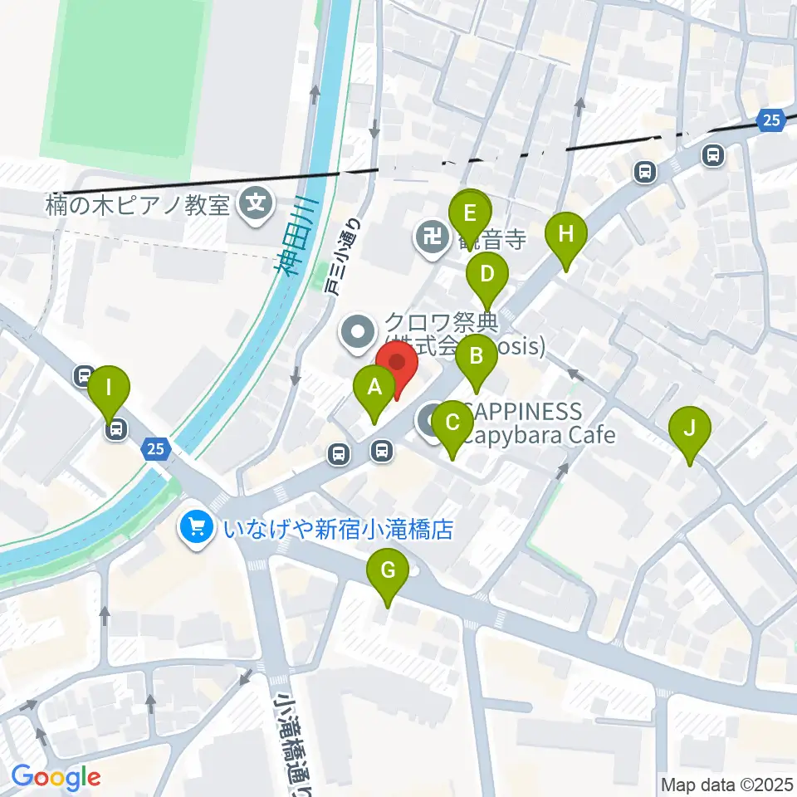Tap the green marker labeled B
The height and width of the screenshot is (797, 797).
(x=477, y=358)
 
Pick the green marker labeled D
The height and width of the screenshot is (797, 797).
(x=487, y=274)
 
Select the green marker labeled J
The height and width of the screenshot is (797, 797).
(x=689, y=430)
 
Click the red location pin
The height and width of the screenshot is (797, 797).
(x=397, y=364)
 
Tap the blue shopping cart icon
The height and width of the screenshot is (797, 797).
(x=197, y=527)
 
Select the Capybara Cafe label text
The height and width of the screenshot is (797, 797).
(x=539, y=435)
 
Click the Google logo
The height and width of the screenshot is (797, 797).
(x=56, y=777)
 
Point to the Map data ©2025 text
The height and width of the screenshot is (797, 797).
(x=727, y=783)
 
